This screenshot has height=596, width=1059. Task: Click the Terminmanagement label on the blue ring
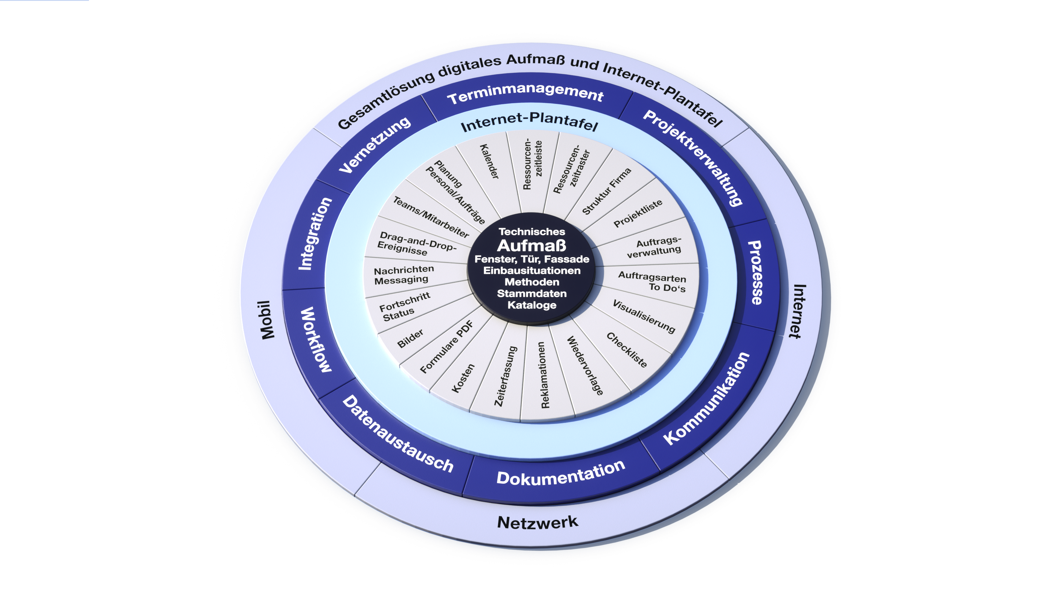[525, 93]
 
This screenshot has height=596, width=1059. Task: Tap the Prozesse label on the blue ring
[756, 272]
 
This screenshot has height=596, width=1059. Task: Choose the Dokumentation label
[561, 473]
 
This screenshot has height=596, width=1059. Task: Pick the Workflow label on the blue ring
[316, 340]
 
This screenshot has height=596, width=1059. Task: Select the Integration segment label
[315, 234]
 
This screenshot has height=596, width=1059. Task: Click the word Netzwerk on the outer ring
[537, 523]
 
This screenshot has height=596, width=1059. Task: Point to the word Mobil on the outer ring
[268, 320]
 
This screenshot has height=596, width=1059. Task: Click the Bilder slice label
[410, 338]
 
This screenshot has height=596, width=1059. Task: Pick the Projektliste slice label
[638, 213]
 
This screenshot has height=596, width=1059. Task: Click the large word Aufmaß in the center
[532, 246]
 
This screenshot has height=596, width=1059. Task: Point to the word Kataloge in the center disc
[532, 305]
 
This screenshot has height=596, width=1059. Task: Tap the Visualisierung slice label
[644, 316]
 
